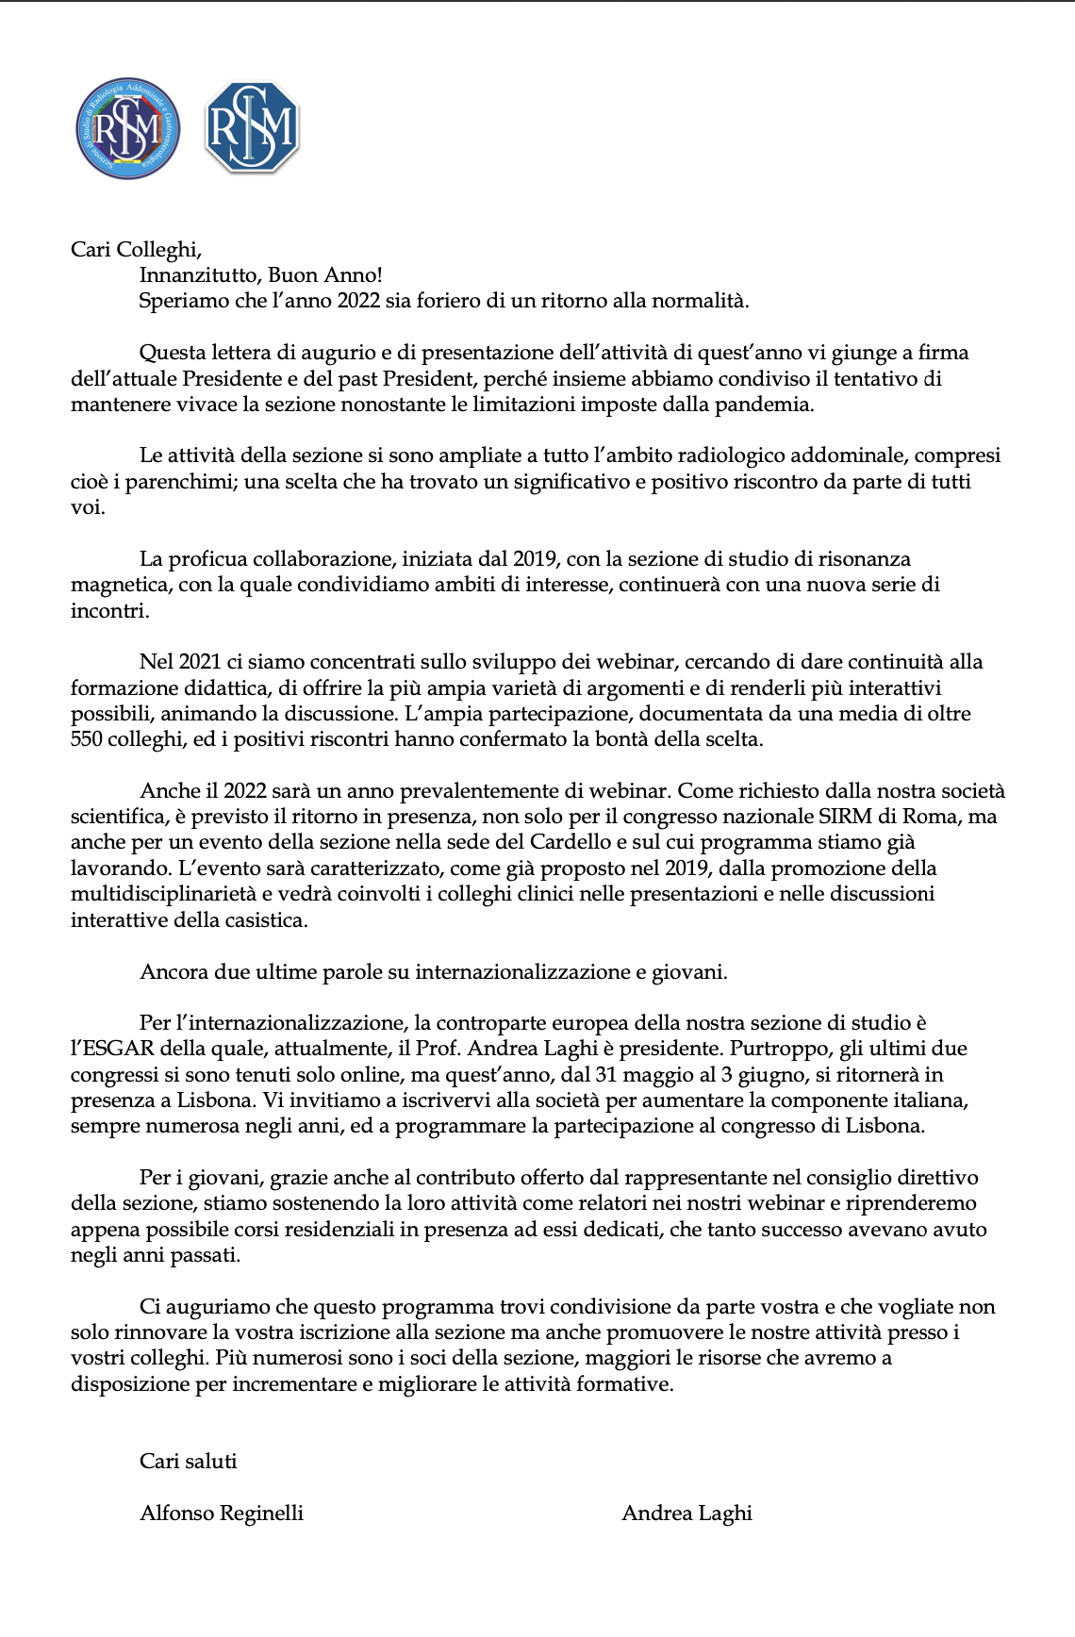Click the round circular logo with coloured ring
[128, 129]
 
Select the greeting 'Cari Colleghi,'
[137, 249]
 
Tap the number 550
[87, 739]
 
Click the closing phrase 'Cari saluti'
[188, 1462]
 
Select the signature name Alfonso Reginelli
[222, 1513]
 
